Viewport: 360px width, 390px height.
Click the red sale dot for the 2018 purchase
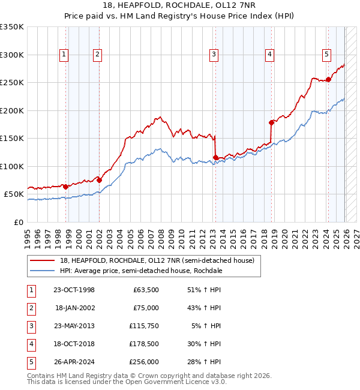[272, 122]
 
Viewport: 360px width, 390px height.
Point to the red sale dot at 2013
[215, 158]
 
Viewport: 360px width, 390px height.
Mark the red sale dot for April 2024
[329, 79]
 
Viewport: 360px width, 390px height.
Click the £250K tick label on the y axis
[12, 83]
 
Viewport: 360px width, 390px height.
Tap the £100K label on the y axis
[12, 166]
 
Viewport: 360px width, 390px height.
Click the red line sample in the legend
[43, 260]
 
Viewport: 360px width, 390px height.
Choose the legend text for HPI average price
[141, 271]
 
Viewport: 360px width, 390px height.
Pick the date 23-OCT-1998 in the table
[74, 290]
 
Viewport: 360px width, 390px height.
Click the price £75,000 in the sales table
[145, 308]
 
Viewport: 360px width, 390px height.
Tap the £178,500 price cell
[143, 344]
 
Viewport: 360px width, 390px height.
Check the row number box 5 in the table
[31, 362]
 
